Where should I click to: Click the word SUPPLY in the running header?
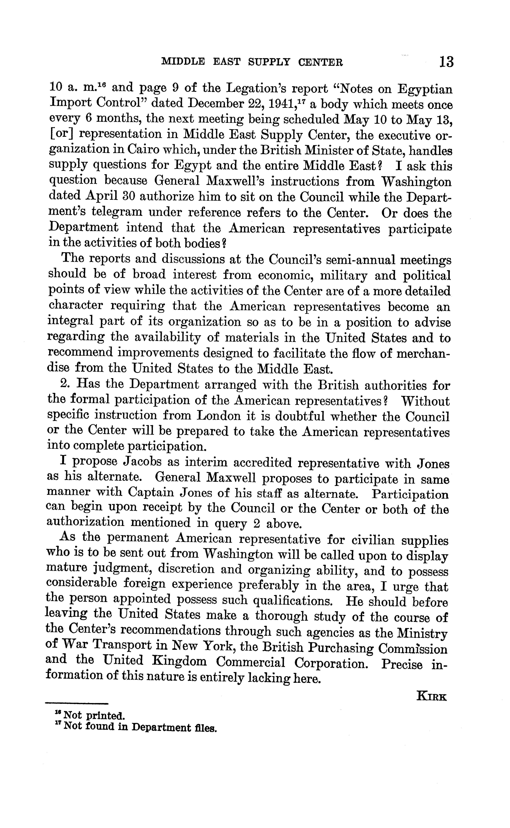point(269,62)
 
